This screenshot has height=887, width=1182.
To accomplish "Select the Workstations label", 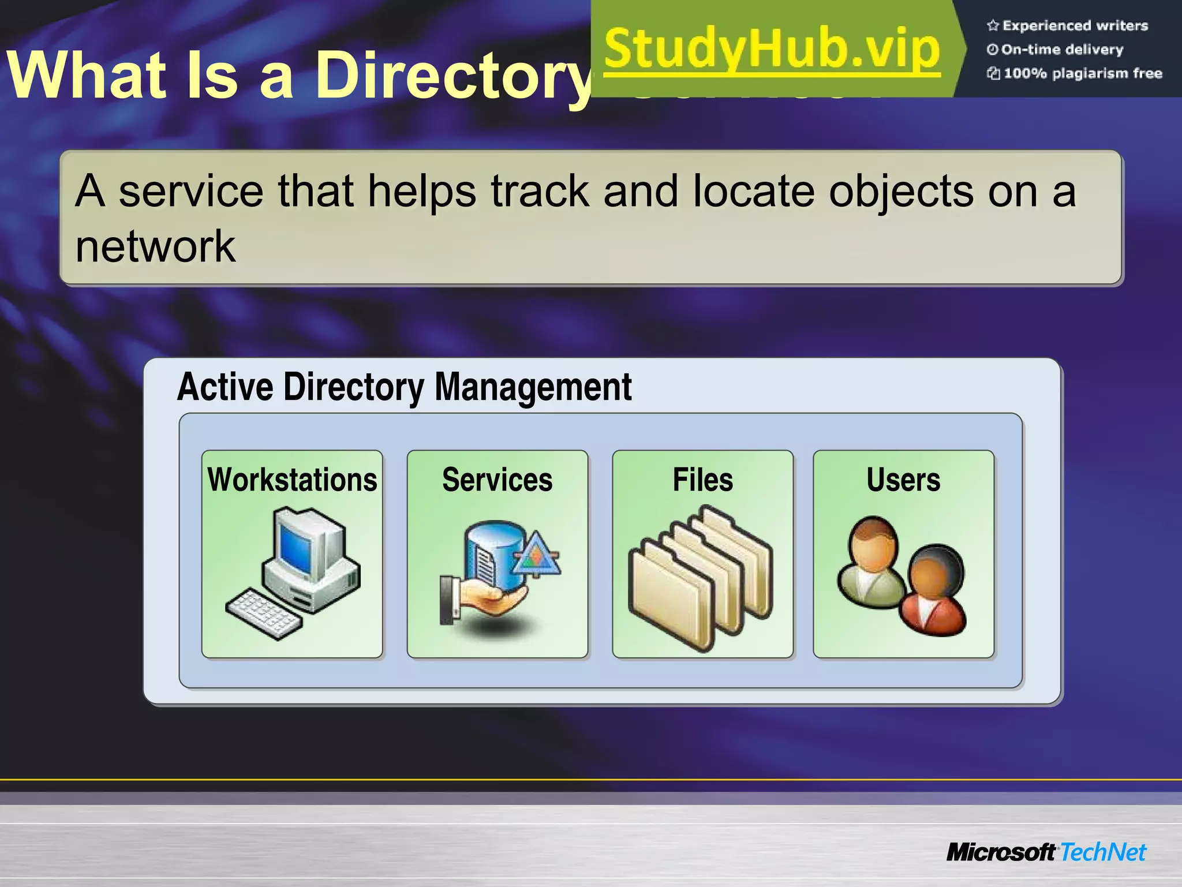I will (x=292, y=480).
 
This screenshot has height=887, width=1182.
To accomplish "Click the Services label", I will (x=497, y=480).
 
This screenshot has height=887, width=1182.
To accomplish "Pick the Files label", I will (x=702, y=480).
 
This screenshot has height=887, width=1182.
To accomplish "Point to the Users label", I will (x=903, y=480).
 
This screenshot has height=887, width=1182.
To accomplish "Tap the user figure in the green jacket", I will (x=871, y=566).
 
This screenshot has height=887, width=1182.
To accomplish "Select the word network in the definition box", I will (x=155, y=246).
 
